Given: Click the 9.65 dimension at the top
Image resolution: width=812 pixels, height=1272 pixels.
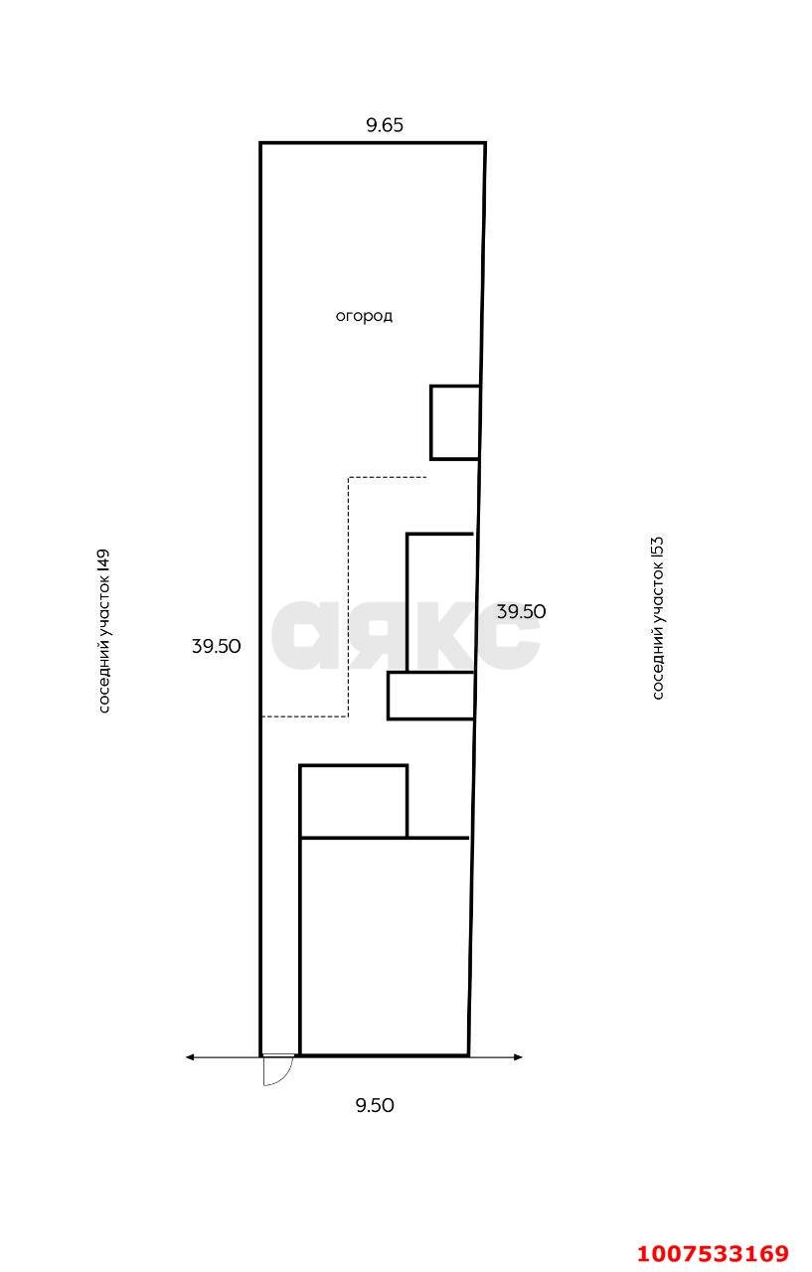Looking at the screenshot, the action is (385, 124).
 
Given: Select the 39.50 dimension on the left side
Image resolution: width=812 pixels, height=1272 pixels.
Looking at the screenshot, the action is (216, 646).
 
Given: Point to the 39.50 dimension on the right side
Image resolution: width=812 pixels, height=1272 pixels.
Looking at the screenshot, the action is (521, 611).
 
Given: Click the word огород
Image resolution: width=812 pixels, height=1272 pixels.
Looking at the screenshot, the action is (364, 316).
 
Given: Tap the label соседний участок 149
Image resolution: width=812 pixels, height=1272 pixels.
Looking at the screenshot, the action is (103, 631).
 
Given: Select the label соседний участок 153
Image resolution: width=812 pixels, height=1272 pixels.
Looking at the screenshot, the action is (658, 618).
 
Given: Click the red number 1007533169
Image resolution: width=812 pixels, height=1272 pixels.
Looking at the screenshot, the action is (713, 1253).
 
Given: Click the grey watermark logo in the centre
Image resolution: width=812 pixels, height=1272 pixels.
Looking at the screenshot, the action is (405, 635).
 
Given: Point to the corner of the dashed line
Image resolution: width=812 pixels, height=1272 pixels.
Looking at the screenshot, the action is (348, 716).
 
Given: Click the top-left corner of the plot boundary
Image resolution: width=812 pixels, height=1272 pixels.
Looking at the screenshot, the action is (260, 142).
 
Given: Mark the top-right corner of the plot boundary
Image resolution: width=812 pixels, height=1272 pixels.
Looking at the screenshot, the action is (485, 142).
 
